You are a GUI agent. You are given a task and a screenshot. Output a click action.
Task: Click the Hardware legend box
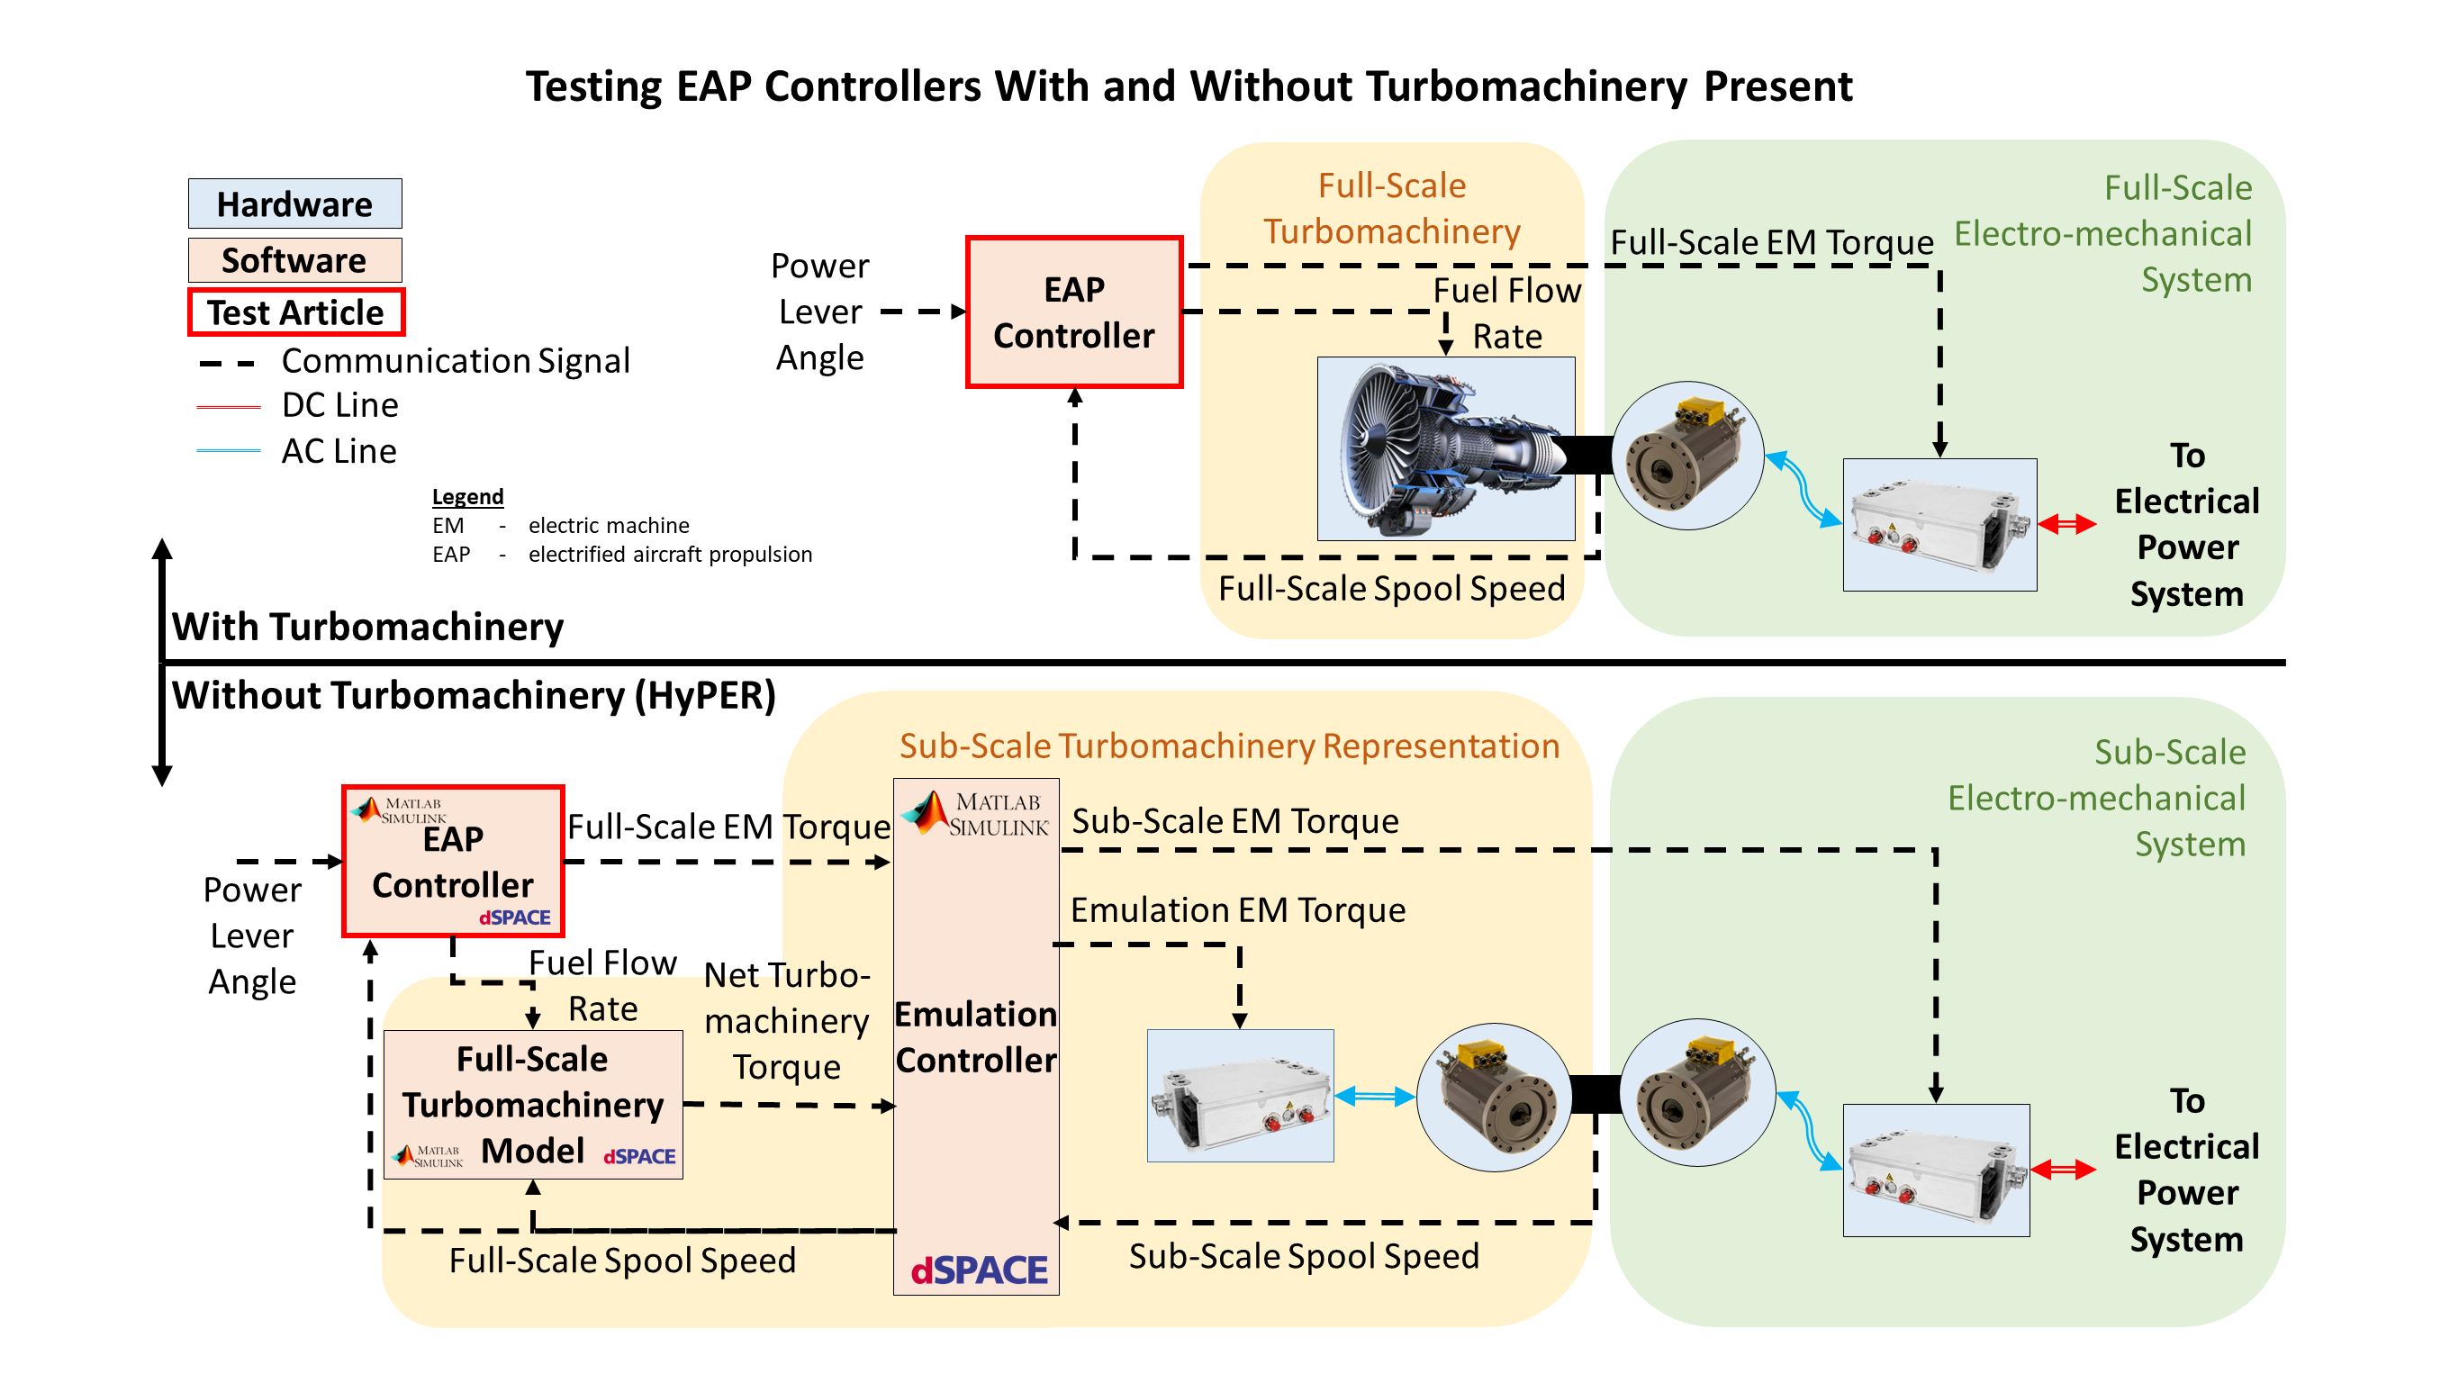pos(294,203)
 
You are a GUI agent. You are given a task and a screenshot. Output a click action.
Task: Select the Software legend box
pos(294,259)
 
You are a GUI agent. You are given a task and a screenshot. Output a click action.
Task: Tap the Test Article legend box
pos(296,312)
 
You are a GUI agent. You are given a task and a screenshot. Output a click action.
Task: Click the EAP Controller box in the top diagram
pos(1074,312)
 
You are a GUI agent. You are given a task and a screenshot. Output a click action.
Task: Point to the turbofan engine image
pos(1445,448)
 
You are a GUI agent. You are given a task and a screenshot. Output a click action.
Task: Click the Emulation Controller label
pos(975,1036)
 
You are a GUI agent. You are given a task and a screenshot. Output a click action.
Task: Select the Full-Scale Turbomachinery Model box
pos(533,1104)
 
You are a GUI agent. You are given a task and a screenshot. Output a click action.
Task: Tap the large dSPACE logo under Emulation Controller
pos(979,1270)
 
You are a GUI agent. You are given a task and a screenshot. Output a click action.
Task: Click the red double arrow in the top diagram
pos(2066,523)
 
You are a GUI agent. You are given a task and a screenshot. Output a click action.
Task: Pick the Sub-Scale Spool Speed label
pos(1304,1256)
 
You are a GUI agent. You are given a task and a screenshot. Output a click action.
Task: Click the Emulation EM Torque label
pos(1238,909)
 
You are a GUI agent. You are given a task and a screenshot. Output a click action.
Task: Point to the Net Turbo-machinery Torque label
pos(787,1020)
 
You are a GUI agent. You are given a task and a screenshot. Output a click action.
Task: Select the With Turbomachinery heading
pos(367,627)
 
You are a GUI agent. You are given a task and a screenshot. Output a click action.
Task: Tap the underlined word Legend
pos(466,496)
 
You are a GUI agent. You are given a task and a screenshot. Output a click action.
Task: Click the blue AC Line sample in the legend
pos(228,450)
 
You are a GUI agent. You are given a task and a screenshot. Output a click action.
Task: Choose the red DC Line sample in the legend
pos(228,407)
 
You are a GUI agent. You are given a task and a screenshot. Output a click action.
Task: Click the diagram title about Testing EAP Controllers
pos(1189,86)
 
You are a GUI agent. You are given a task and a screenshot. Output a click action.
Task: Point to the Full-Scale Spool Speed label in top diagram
pos(1392,588)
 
